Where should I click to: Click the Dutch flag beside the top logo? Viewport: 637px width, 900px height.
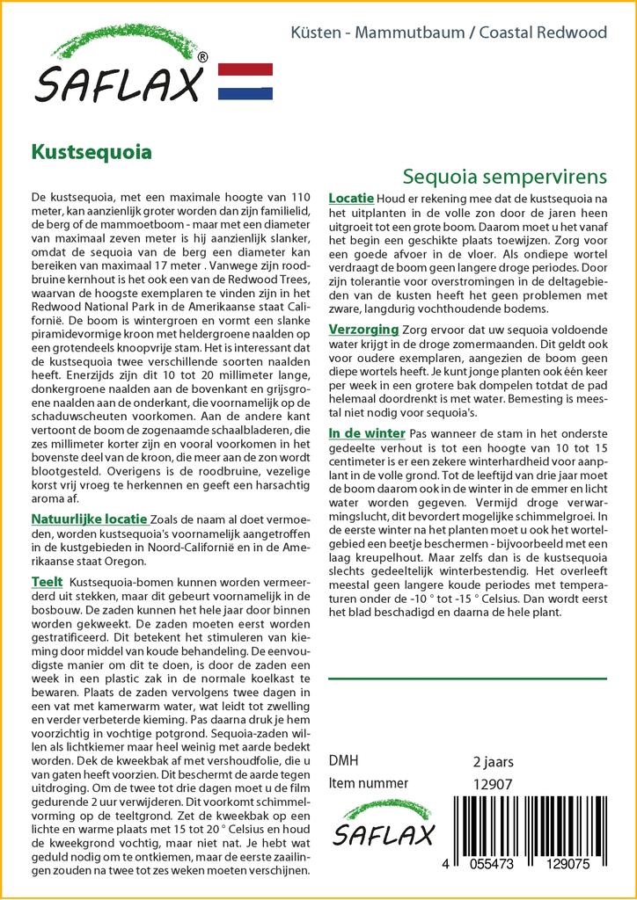(x=245, y=81)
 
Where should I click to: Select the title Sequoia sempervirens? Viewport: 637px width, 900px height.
(x=504, y=174)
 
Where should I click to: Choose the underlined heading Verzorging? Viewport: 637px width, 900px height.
(x=363, y=329)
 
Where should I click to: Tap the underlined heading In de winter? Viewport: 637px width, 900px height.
(x=367, y=433)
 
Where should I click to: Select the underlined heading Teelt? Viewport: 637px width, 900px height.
(x=47, y=582)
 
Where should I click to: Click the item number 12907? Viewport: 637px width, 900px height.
(x=493, y=783)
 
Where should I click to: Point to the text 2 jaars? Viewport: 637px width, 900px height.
(x=493, y=761)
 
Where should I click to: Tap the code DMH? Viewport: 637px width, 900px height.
(x=343, y=761)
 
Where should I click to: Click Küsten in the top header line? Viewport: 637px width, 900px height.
(x=314, y=33)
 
